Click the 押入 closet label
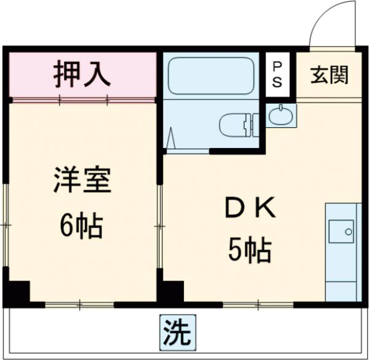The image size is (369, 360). (82, 73)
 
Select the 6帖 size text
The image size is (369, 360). (81, 227)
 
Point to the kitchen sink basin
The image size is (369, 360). (340, 232)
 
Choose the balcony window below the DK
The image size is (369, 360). (255, 304)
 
